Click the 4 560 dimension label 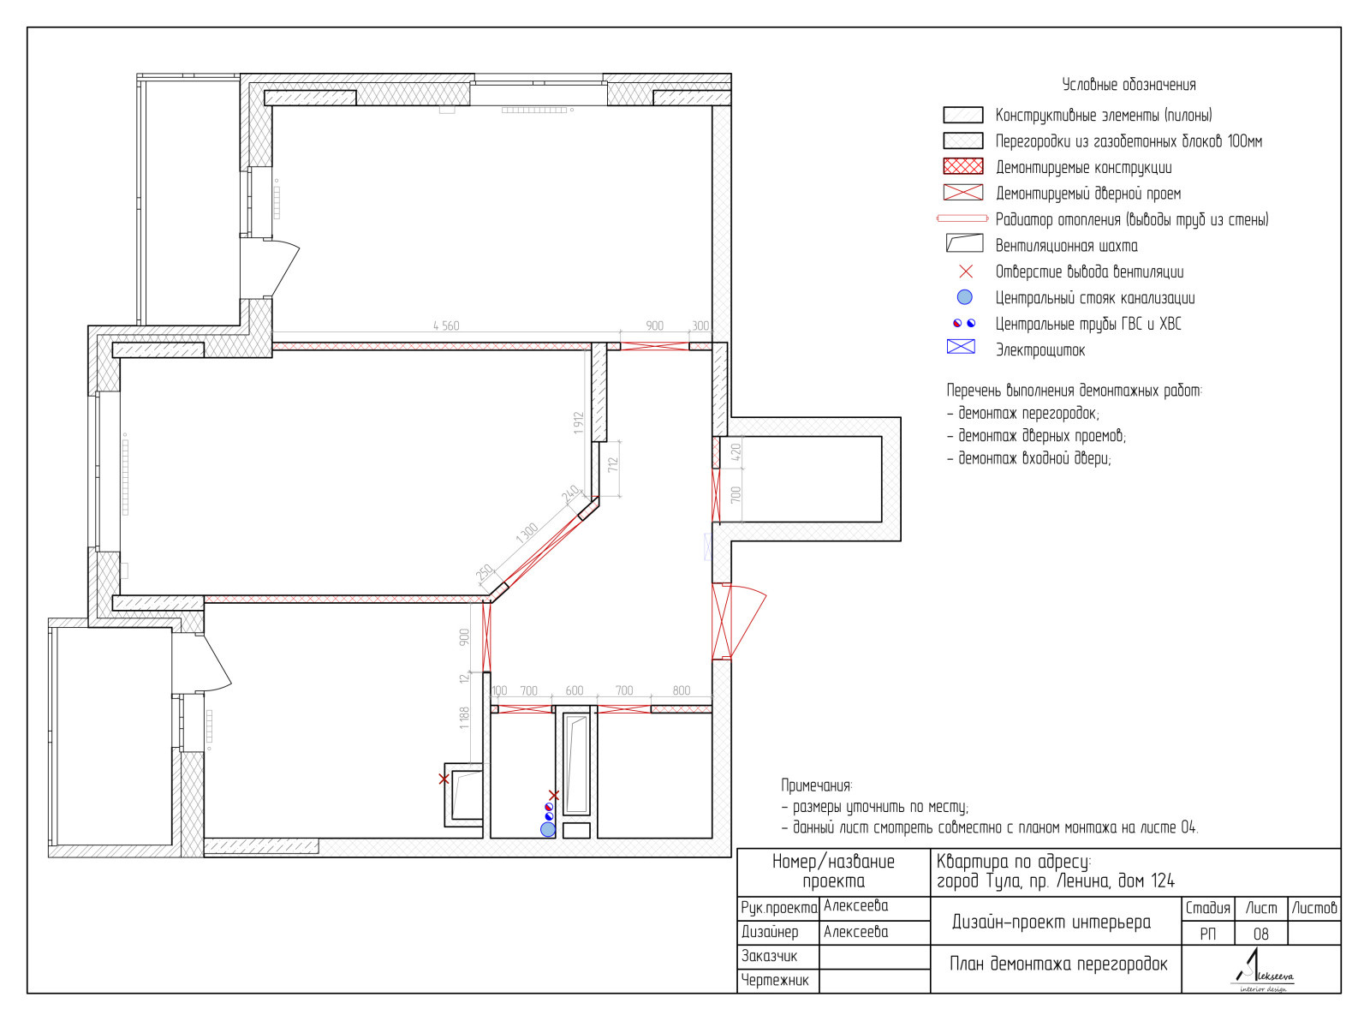(x=446, y=325)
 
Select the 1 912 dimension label (x=578, y=423)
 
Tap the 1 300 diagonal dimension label (x=527, y=533)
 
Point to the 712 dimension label (x=613, y=465)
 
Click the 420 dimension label (x=736, y=451)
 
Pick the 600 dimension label (x=575, y=690)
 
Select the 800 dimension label (x=682, y=690)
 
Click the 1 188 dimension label (x=464, y=718)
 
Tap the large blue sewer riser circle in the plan (x=548, y=829)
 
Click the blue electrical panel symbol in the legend (x=961, y=347)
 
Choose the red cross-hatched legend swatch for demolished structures (x=963, y=166)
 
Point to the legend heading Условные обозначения (x=1129, y=85)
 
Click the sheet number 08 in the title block (x=1260, y=934)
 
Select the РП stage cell (x=1207, y=934)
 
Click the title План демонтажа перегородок (x=1058, y=964)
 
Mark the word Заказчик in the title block (x=769, y=956)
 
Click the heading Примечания (x=817, y=785)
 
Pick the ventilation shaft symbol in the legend (x=964, y=243)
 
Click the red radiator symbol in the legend (x=962, y=218)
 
